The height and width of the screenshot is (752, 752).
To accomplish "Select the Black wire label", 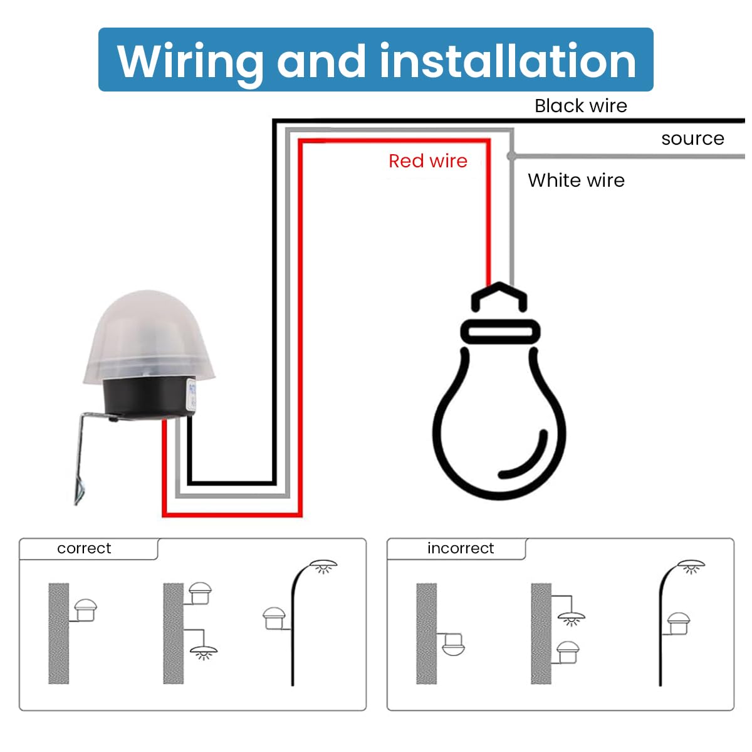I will coord(580,106).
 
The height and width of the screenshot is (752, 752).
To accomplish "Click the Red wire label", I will coord(427,161).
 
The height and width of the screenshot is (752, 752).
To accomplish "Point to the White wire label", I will coord(576,180).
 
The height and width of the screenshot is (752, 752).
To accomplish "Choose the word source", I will coord(692,138).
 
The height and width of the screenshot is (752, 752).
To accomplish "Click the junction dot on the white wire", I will coord(512,155).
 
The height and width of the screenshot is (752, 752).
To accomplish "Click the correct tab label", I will coord(84,548).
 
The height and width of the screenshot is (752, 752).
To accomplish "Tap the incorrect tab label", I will coord(460,548).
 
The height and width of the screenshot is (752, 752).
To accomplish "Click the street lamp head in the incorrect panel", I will coord(691,565).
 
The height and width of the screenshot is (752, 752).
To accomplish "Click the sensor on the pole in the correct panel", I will coord(274,618).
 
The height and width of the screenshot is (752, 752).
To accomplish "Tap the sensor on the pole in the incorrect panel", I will coord(678,623).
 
